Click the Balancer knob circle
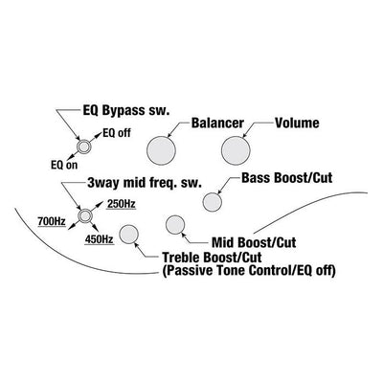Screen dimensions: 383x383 click(x=161, y=151)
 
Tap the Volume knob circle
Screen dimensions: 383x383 click(x=236, y=151)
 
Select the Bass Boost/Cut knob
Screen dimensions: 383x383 click(x=213, y=202)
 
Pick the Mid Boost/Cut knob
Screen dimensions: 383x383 click(x=175, y=224)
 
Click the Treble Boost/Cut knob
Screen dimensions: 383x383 click(x=128, y=234)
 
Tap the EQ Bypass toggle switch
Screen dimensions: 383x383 click(x=84, y=146)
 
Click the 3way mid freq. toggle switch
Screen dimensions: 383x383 click(x=85, y=216)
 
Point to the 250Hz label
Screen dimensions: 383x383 click(x=122, y=204)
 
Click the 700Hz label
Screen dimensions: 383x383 click(x=52, y=221)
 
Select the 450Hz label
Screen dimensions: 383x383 click(x=99, y=239)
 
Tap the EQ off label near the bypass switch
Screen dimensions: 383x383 click(x=117, y=133)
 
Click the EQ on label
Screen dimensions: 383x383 click(x=64, y=165)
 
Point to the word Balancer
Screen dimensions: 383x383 click(x=217, y=123)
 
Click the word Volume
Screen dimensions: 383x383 click(x=297, y=123)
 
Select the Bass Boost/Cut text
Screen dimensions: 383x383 click(x=287, y=178)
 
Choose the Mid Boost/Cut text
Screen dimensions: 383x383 click(x=254, y=242)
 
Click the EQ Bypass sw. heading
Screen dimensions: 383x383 click(x=125, y=111)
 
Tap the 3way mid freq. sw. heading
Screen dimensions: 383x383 click(x=145, y=183)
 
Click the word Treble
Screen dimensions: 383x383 click(x=182, y=258)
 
